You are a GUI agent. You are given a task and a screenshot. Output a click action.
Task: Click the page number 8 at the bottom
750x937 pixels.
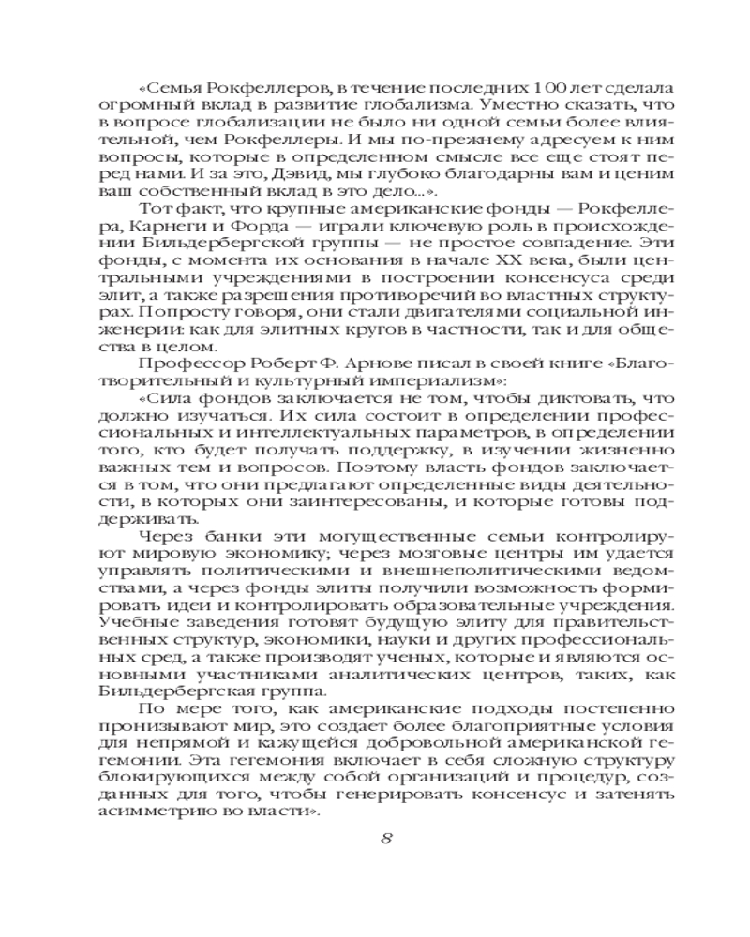point(387,837)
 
